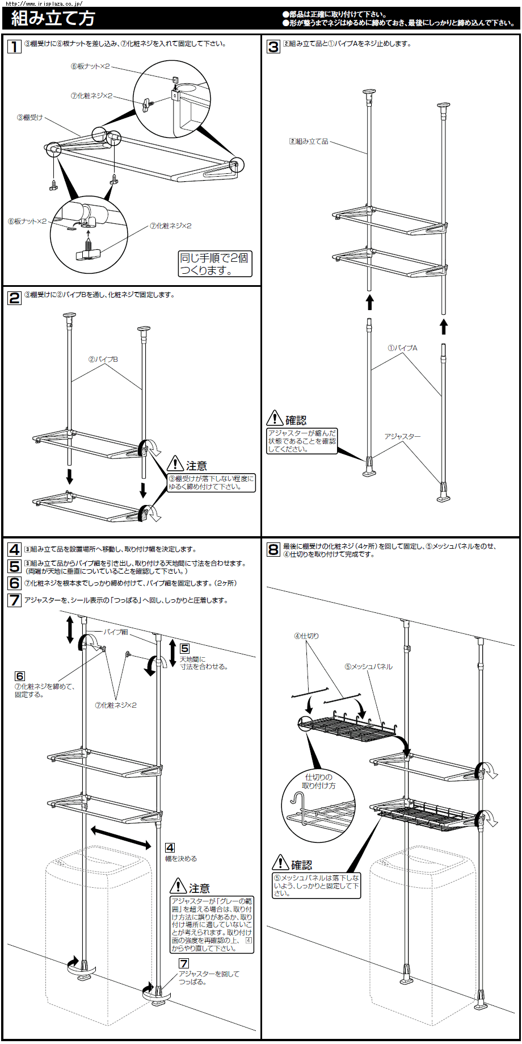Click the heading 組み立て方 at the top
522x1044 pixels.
point(53,19)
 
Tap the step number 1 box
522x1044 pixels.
point(14,46)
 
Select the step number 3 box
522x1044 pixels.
point(273,47)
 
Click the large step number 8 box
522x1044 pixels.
point(273,549)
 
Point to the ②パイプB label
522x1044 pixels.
point(103,360)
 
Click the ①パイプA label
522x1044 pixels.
point(402,348)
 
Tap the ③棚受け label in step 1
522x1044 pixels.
point(30,118)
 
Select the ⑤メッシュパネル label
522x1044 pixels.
point(369,667)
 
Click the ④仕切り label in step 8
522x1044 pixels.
point(306,636)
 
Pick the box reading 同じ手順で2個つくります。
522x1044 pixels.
point(214,264)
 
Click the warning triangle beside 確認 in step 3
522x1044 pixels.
point(275,418)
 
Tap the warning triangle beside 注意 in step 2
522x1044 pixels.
point(175,464)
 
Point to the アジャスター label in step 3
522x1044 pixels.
point(402,437)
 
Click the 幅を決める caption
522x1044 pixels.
point(181,859)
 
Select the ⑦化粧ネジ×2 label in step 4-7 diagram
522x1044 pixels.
point(116,705)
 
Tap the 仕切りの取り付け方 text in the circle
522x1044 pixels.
point(319,782)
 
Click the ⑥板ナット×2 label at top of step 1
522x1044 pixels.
point(90,66)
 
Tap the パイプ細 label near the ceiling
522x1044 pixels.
point(115,632)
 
